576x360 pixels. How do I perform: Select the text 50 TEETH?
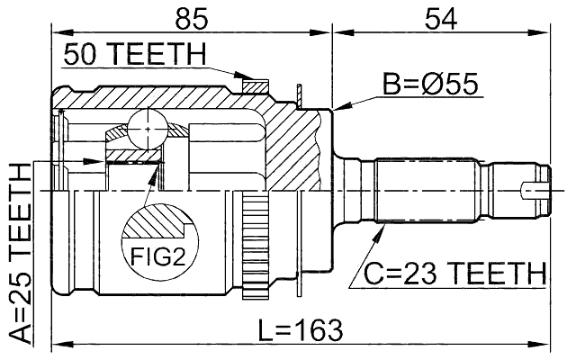click(134, 56)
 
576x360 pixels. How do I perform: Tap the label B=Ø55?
click(429, 85)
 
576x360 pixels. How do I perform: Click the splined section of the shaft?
click(423, 192)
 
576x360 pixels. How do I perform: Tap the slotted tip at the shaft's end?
click(535, 191)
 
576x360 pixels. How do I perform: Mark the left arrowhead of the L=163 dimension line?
click(52, 342)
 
